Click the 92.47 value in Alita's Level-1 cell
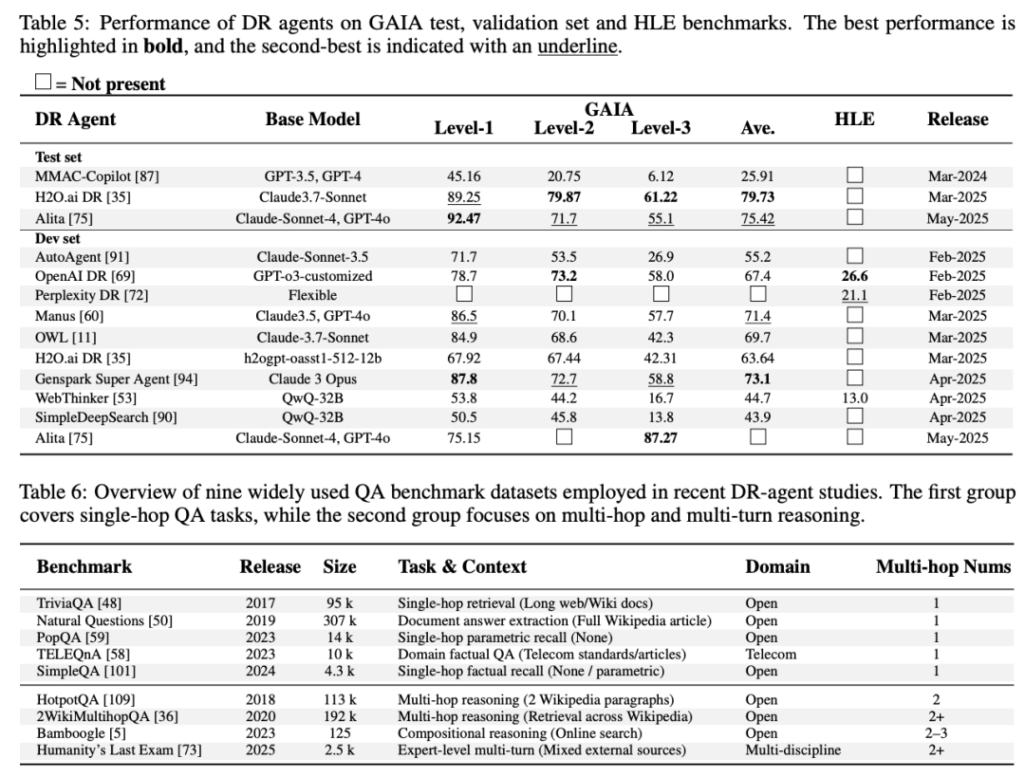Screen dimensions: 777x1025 [x=463, y=217]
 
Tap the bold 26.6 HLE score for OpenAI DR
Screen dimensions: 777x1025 [x=854, y=275]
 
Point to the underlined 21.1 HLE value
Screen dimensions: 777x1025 [x=854, y=295]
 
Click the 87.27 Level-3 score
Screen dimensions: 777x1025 [x=661, y=437]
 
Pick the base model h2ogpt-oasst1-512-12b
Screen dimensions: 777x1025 [x=312, y=357]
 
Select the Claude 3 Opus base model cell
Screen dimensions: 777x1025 [x=312, y=378]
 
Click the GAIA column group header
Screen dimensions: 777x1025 [x=609, y=110]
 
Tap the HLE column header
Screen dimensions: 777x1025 [x=854, y=120]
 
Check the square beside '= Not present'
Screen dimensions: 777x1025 [x=43, y=83]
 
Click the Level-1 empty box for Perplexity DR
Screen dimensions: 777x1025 [x=463, y=295]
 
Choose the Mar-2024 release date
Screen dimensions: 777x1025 [x=957, y=176]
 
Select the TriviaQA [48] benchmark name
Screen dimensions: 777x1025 [x=80, y=603]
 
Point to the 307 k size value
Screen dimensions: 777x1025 [x=339, y=620]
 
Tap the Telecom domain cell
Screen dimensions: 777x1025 [x=771, y=654]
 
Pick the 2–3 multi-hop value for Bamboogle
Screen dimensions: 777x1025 [x=937, y=733]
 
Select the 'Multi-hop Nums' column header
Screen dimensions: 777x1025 [x=942, y=567]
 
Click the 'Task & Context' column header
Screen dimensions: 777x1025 [x=462, y=567]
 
